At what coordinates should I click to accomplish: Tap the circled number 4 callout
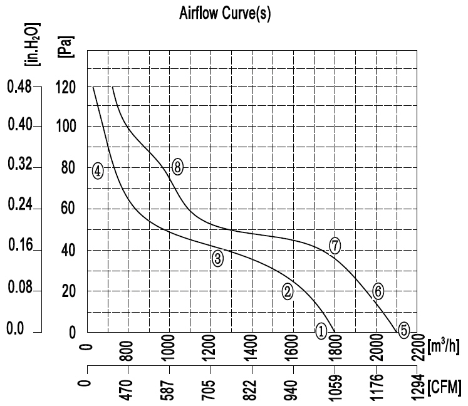tap(97, 170)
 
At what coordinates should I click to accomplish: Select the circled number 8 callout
tap(177, 167)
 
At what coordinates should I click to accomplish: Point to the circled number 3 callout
tap(217, 258)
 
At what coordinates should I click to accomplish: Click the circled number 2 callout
tap(288, 291)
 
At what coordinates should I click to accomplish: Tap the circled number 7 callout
tap(335, 246)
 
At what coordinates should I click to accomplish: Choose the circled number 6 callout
tap(378, 291)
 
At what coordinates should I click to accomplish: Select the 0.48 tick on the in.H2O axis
tap(19, 87)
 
